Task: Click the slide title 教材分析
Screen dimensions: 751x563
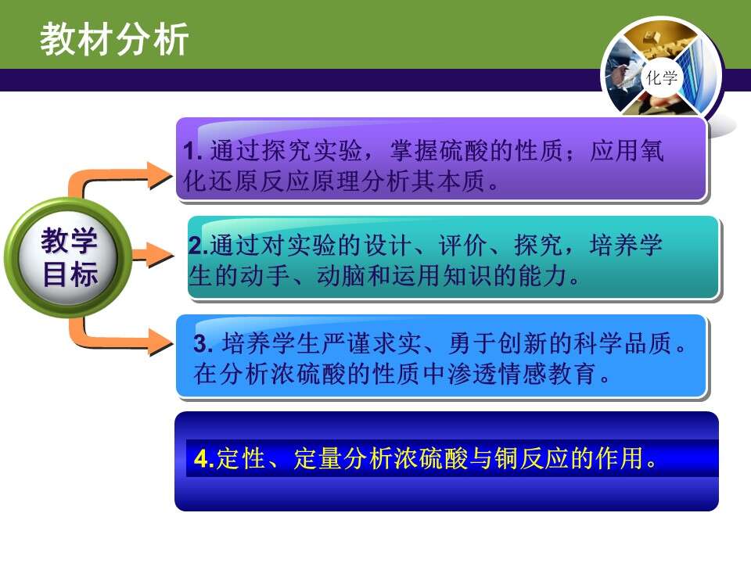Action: [x=114, y=39]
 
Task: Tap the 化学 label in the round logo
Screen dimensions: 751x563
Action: [x=662, y=77]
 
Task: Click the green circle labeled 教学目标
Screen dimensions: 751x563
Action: [x=69, y=257]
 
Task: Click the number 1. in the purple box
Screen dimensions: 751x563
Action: [x=192, y=152]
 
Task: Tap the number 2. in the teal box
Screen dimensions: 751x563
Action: [x=198, y=245]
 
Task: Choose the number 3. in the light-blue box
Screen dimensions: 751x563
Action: [x=203, y=343]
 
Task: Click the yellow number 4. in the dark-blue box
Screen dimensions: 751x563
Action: [x=204, y=459]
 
